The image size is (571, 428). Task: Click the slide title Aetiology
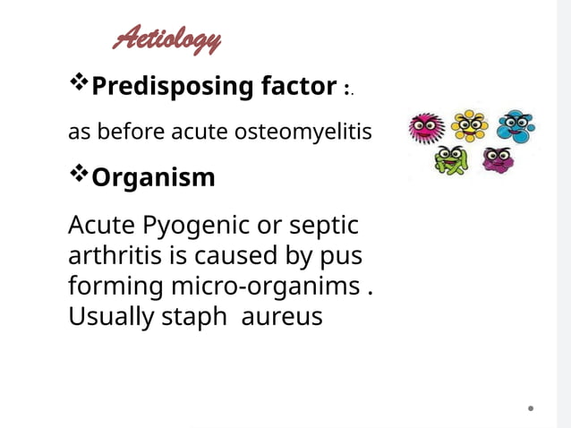click(167, 39)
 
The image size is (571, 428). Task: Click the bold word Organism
click(153, 177)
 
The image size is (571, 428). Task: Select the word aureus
click(282, 316)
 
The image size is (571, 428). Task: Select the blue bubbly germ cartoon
click(515, 126)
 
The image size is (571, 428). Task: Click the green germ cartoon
click(449, 161)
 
